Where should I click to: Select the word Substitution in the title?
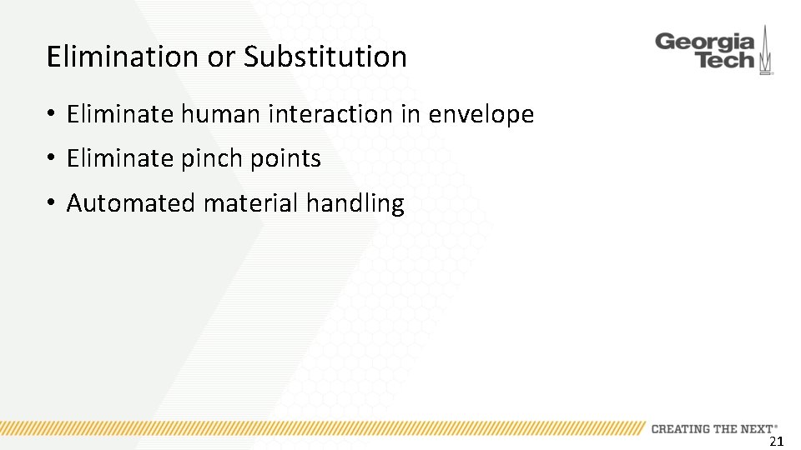click(x=325, y=57)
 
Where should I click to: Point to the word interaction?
click(x=331, y=114)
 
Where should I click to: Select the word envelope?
click(x=481, y=114)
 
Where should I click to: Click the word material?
click(x=251, y=203)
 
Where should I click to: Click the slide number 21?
click(x=776, y=442)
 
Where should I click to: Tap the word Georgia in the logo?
click(x=705, y=42)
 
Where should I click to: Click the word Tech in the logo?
click(x=723, y=61)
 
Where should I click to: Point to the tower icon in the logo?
click(x=765, y=52)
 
